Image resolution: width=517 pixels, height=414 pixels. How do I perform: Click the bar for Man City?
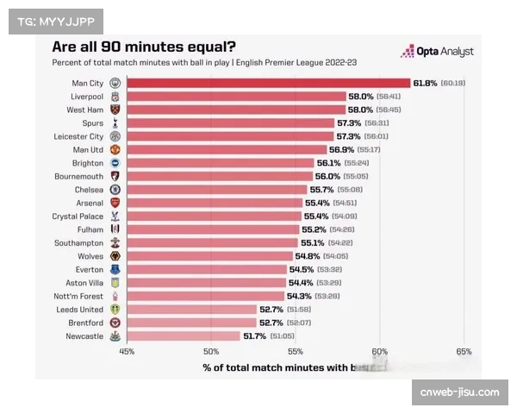pyautogui.click(x=267, y=83)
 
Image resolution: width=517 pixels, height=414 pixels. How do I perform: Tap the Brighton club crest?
pyautogui.click(x=115, y=162)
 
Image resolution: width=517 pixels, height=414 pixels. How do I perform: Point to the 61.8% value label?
pyautogui.click(x=425, y=83)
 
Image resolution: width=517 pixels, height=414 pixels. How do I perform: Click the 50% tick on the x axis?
pyautogui.click(x=211, y=352)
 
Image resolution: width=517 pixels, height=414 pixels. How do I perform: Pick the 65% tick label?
pyautogui.click(x=464, y=352)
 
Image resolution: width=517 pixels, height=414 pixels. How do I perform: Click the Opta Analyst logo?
pyautogui.click(x=437, y=51)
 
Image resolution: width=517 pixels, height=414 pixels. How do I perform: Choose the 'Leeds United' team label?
pyautogui.click(x=80, y=309)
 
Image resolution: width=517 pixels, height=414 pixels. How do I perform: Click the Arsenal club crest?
pyautogui.click(x=115, y=203)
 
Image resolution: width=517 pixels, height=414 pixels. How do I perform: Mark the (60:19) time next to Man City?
pyautogui.click(x=452, y=83)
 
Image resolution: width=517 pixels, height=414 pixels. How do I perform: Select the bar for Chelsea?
pyautogui.click(x=216, y=189)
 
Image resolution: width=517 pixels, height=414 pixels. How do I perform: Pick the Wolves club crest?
pyautogui.click(x=115, y=256)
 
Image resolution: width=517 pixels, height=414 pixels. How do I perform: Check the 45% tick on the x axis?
pyautogui.click(x=127, y=352)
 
